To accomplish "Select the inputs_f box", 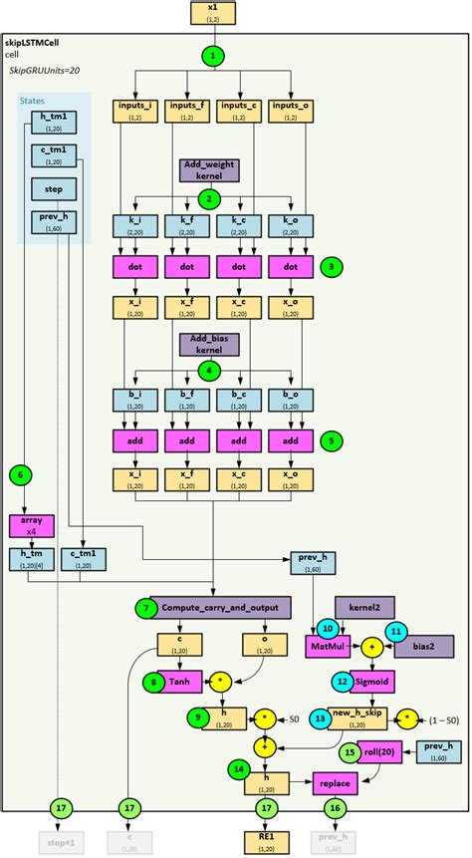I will [x=184, y=110].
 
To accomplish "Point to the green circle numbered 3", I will [x=333, y=266].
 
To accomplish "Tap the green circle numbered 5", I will [x=333, y=437].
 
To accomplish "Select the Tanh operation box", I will [x=180, y=682].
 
